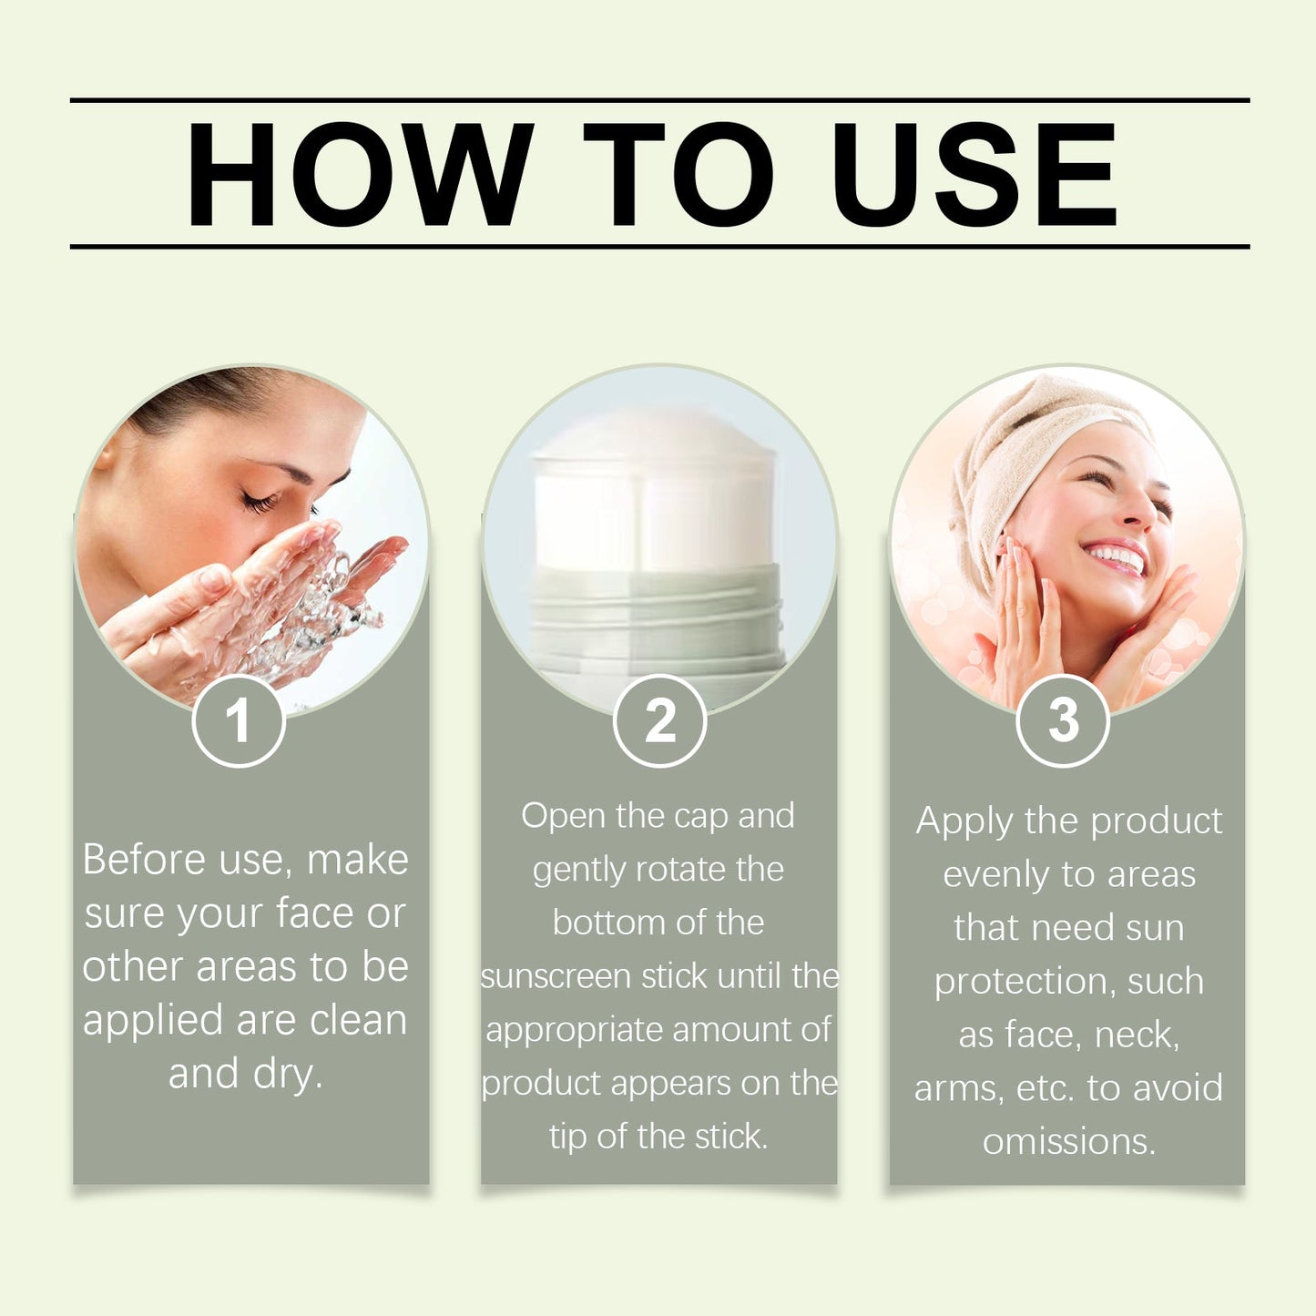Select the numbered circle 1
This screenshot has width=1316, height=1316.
click(x=239, y=721)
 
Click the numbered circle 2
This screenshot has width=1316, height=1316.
click(x=659, y=721)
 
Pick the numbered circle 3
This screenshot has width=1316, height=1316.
click(x=1063, y=721)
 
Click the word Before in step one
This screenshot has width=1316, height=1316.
click(x=143, y=859)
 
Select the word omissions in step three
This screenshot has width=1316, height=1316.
click(x=1069, y=1143)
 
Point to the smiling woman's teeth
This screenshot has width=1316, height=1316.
click(x=1116, y=556)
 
